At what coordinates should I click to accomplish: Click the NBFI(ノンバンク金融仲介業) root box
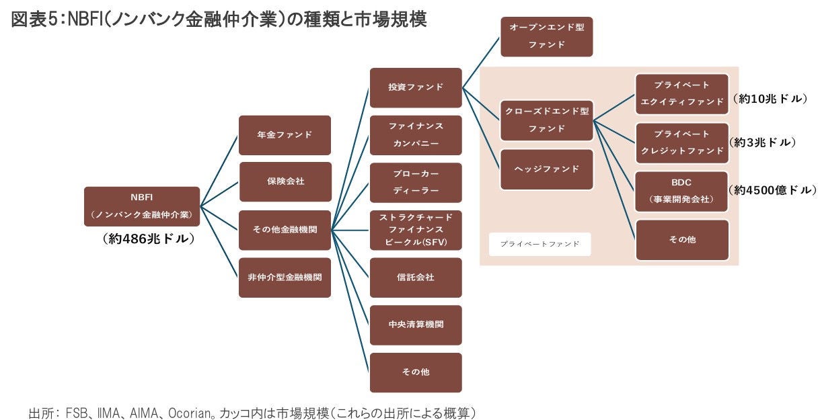click(x=142, y=206)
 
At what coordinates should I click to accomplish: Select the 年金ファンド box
click(x=285, y=134)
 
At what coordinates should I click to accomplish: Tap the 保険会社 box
click(x=285, y=181)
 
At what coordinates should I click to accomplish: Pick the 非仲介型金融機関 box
click(x=285, y=277)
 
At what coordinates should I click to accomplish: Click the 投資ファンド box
click(x=416, y=87)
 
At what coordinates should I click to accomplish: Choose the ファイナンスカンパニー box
click(x=416, y=134)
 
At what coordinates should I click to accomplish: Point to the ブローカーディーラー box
click(x=416, y=182)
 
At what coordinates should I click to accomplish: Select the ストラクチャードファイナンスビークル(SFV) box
click(x=416, y=230)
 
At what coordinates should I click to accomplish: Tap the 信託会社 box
click(x=416, y=277)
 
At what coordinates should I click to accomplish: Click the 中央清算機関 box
click(x=416, y=325)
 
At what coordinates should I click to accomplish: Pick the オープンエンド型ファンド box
click(x=546, y=36)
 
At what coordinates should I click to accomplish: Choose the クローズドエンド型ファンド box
click(x=546, y=119)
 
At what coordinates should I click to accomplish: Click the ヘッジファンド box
click(x=546, y=169)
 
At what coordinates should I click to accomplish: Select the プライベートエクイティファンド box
click(x=682, y=94)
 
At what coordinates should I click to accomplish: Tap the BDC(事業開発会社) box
click(x=682, y=191)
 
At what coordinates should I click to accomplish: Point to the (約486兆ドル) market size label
click(x=149, y=239)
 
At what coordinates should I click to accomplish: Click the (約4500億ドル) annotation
click(x=773, y=191)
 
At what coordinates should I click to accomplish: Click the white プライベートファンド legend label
click(x=539, y=244)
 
